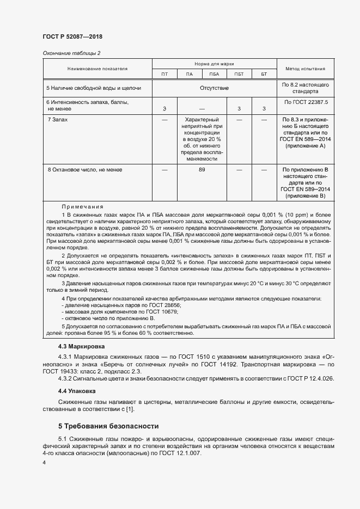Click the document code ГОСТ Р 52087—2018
click(x=72, y=37)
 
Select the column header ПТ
click(x=164, y=74)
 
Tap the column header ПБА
click(x=213, y=74)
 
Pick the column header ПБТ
click(x=239, y=74)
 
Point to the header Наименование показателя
click(x=97, y=69)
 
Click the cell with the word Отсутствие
click(x=214, y=88)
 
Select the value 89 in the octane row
click(x=202, y=170)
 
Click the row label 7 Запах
click(x=58, y=119)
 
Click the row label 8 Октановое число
click(x=85, y=170)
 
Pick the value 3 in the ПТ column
click(x=164, y=109)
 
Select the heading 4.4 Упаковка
click(x=77, y=391)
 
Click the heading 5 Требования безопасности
click(x=108, y=425)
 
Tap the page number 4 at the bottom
click(x=44, y=462)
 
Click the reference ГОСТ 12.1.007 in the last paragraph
click(x=181, y=452)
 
